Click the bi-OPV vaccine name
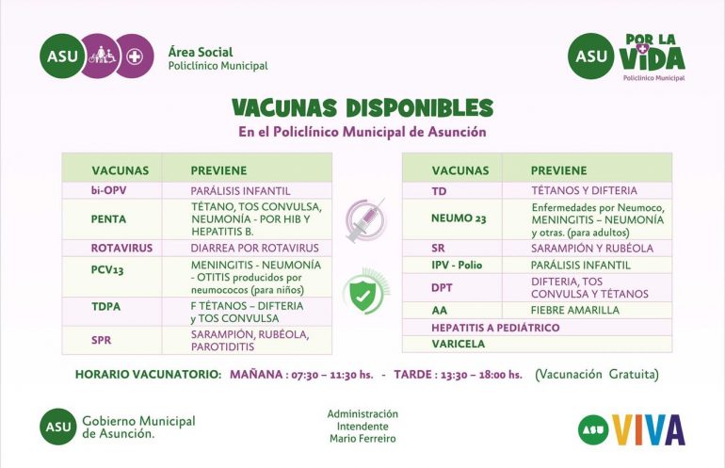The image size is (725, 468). (109, 190)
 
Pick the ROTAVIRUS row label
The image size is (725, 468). (121, 249)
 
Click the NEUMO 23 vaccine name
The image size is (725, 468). (459, 218)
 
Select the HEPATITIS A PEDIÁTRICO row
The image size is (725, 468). (495, 328)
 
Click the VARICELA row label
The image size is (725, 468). (459, 344)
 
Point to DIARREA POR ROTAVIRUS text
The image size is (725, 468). (254, 249)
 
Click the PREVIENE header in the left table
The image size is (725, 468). (218, 170)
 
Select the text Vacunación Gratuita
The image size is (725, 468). (597, 375)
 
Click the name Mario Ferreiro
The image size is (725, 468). (362, 439)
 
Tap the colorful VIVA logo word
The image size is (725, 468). (648, 429)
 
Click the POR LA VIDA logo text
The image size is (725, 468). (652, 53)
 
